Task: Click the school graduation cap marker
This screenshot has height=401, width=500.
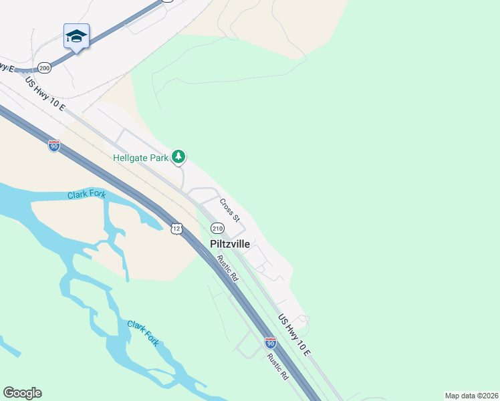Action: click(x=76, y=37)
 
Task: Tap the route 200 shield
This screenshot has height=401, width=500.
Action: click(x=44, y=68)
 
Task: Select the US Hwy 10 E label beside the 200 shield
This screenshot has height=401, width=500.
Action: click(x=45, y=94)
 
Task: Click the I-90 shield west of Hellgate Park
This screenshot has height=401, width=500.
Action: click(x=54, y=146)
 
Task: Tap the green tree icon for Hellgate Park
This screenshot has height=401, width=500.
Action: click(x=178, y=157)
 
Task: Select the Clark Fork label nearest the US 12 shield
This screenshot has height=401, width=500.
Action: click(x=86, y=195)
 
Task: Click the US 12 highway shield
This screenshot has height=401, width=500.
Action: click(x=176, y=229)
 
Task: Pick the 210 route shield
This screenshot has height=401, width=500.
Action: click(x=217, y=229)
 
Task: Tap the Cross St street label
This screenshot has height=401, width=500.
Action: click(x=229, y=210)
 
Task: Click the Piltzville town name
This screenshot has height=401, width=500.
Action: click(x=230, y=244)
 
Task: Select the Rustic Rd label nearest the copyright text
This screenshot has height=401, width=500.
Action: click(x=277, y=367)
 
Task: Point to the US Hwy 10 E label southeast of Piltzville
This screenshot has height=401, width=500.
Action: click(x=295, y=336)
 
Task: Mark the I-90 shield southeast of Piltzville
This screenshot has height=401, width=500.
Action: click(x=270, y=344)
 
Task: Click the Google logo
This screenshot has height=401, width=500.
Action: click(x=22, y=393)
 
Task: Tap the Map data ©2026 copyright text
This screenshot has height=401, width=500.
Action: click(x=471, y=396)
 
